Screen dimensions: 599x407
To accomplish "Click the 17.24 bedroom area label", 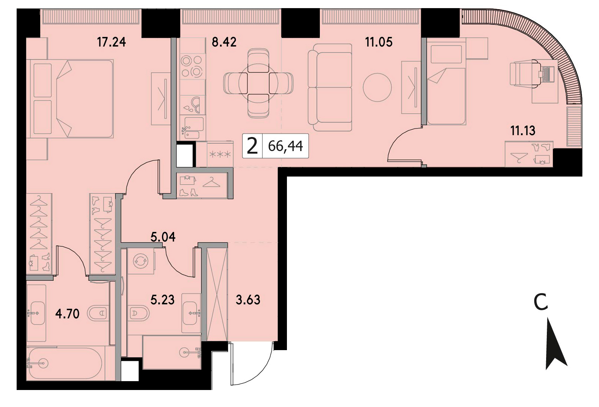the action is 111,42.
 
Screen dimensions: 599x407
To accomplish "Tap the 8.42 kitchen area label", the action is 224,42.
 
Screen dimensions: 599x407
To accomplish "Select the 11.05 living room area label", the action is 379,42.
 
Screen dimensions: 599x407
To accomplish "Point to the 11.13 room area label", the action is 523,131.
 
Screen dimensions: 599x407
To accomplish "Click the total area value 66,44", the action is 285,146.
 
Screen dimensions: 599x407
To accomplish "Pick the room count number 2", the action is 252,146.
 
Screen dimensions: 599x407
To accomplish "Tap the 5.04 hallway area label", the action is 163,237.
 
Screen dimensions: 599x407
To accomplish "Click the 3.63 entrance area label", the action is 248,300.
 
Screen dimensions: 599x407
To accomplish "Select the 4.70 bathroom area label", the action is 67,314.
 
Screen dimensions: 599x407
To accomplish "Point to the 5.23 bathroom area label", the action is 163,300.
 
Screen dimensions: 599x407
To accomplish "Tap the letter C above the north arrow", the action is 541,302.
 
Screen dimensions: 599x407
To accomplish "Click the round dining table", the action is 258,83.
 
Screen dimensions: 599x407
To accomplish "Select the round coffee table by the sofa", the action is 377,87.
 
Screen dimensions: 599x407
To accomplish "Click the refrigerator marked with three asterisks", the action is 220,154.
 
